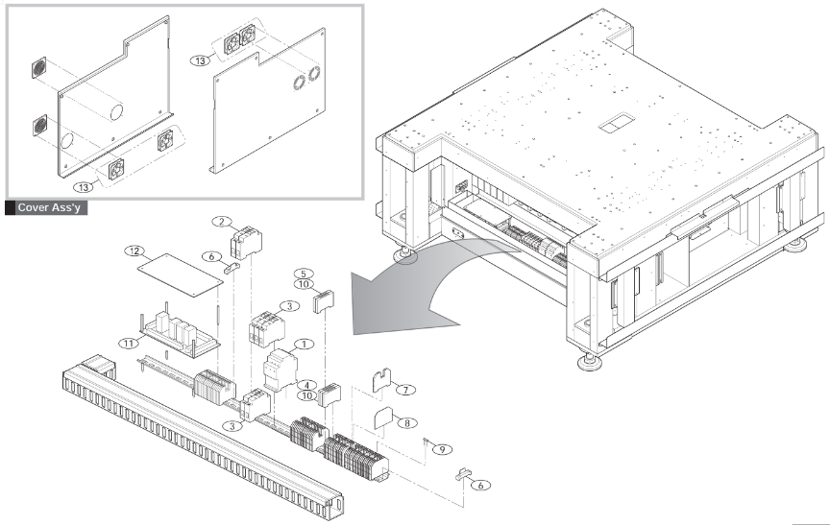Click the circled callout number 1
(304, 343)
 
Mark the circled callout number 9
(442, 449)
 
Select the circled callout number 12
(134, 251)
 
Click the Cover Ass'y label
(47, 206)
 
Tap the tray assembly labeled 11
(178, 331)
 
